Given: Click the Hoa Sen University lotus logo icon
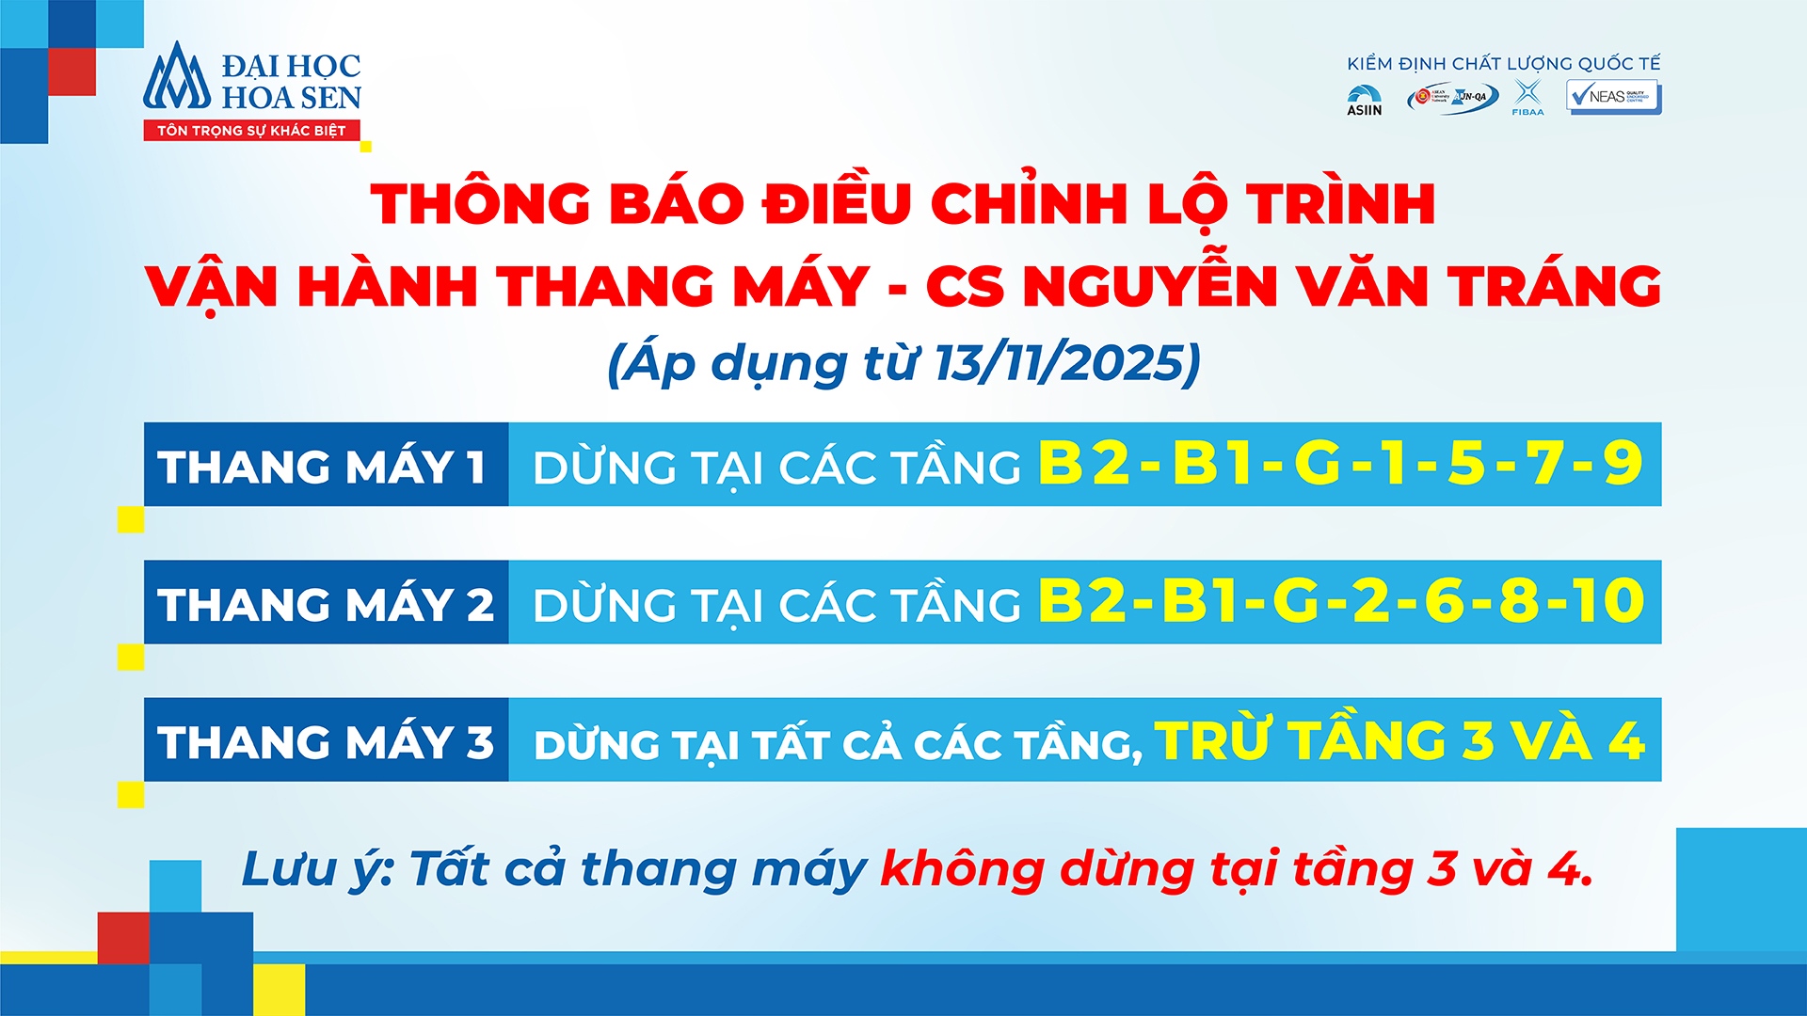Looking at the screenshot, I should point(177,77).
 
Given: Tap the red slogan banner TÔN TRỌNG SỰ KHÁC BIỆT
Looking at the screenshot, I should point(251,131).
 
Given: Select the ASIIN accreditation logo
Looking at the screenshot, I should point(1364,100).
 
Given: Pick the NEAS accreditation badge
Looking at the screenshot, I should point(1613,97).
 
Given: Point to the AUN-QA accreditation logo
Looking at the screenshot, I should point(1453,98).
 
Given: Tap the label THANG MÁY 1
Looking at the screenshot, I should point(322,467).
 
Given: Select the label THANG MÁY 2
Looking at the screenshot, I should point(326,604).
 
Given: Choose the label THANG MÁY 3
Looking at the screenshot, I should point(326,741).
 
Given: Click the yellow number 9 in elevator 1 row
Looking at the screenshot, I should point(1623,463).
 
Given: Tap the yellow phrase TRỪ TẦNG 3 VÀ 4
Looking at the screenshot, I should point(1399,740).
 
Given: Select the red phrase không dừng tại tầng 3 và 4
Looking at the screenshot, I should point(1236,868).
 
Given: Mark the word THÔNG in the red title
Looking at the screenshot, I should point(480,203).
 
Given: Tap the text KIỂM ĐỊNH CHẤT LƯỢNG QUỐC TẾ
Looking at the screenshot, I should point(1503,64).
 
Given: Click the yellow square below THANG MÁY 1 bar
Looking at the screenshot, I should point(131,519).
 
